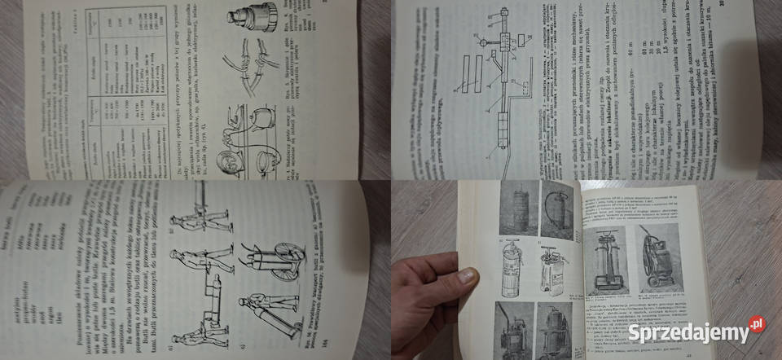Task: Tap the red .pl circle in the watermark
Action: [757, 324]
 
